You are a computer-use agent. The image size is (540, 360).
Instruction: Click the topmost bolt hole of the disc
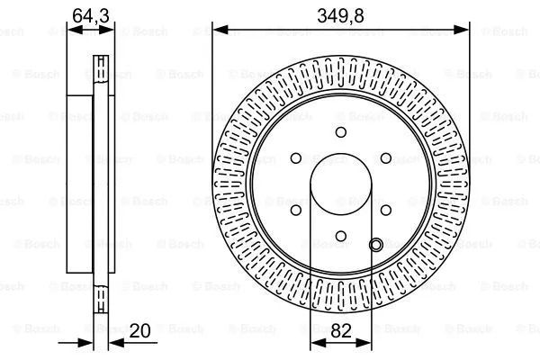341,132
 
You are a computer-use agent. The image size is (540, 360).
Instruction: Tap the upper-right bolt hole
386,158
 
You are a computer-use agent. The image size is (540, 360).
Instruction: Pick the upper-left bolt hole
297,158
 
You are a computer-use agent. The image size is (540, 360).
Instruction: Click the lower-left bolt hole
297,210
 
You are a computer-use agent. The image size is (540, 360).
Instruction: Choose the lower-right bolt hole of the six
386,210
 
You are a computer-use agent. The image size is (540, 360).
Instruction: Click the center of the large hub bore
341,184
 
